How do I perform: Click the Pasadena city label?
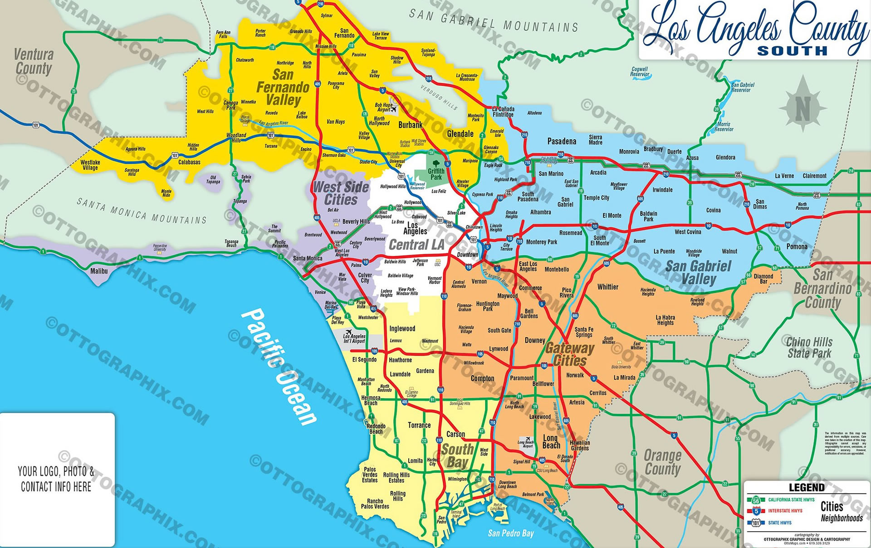(x=562, y=142)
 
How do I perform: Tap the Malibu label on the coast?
(x=99, y=271)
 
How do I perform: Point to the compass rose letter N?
(x=802, y=109)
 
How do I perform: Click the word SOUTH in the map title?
(x=792, y=51)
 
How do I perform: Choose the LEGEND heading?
(x=806, y=488)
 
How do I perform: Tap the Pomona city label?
(x=797, y=247)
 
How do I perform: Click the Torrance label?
(x=419, y=426)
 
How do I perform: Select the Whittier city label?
(x=607, y=287)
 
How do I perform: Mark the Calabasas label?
(x=189, y=162)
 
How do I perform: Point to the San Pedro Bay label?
(x=510, y=533)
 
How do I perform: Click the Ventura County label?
(x=34, y=61)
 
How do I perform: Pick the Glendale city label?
(x=460, y=134)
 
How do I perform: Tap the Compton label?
(x=482, y=378)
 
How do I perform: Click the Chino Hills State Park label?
(x=809, y=347)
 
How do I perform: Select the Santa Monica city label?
(x=308, y=259)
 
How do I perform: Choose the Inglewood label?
(x=402, y=329)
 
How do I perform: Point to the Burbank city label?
(x=410, y=125)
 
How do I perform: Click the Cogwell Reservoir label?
(x=640, y=72)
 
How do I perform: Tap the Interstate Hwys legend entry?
(x=785, y=511)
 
